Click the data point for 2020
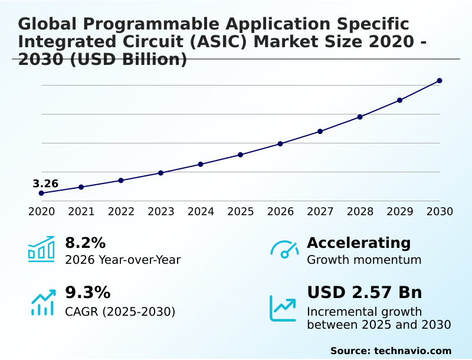pyautogui.click(x=41, y=193)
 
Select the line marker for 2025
pyautogui.click(x=240, y=155)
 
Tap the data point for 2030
pyautogui.click(x=440, y=80)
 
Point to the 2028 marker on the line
pyautogui.click(x=360, y=117)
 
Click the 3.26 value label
pyautogui.click(x=45, y=184)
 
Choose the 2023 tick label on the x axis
pyautogui.click(x=160, y=211)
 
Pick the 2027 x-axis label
pyautogui.click(x=320, y=211)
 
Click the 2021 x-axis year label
pyautogui.click(x=81, y=211)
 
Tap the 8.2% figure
pyautogui.click(x=85, y=243)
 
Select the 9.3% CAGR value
pyautogui.click(x=87, y=293)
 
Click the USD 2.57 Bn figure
pyautogui.click(x=364, y=293)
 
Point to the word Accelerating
pyautogui.click(x=359, y=243)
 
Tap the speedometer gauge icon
pyautogui.click(x=284, y=249)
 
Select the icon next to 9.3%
pyautogui.click(x=42, y=302)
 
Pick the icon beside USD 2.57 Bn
pyautogui.click(x=283, y=308)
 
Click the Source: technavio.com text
pyautogui.click(x=391, y=351)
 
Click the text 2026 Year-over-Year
pyautogui.click(x=123, y=260)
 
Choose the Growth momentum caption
pyautogui.click(x=364, y=260)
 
